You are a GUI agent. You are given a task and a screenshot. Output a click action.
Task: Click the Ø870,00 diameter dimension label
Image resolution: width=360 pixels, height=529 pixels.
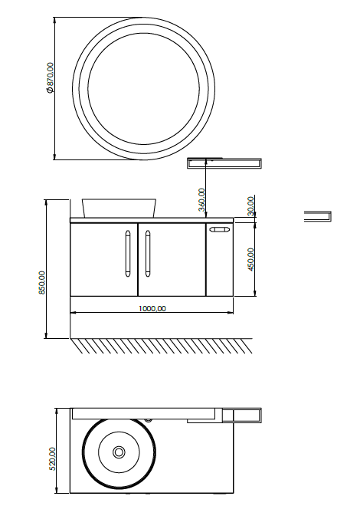point(50,77)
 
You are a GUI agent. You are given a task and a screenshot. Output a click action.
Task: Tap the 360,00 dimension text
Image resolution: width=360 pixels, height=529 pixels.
point(201,200)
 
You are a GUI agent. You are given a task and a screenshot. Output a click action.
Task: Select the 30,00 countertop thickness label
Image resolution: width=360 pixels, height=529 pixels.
point(250,206)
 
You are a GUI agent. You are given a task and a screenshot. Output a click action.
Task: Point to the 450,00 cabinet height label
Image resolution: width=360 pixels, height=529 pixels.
point(250,259)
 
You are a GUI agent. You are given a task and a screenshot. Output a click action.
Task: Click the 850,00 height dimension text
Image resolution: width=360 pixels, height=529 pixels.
point(42,282)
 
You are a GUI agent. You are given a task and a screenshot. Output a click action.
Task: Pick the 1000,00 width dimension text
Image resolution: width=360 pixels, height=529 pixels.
point(152,308)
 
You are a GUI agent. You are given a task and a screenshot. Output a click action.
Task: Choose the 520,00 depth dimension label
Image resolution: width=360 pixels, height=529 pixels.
point(52,458)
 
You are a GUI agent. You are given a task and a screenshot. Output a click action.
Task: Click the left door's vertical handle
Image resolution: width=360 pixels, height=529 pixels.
point(127,254)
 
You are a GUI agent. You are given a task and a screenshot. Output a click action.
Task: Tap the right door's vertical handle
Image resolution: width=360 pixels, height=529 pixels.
point(148,254)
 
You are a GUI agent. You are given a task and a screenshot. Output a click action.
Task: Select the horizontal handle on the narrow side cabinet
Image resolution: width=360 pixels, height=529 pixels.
point(219,230)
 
